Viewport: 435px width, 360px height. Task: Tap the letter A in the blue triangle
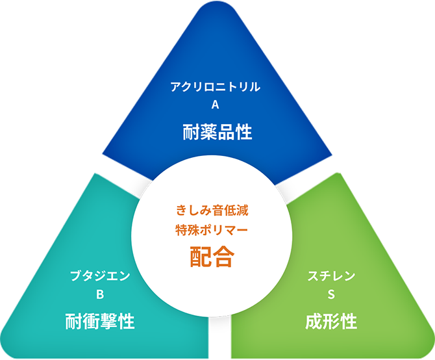(x=216, y=106)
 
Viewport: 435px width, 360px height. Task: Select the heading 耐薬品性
(x=216, y=133)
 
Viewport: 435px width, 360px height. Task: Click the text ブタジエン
(x=100, y=276)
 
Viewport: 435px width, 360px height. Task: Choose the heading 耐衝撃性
(x=100, y=321)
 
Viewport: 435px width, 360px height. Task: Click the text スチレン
(x=331, y=276)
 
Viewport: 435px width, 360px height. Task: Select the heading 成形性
(x=331, y=321)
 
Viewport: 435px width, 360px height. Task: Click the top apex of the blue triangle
(x=217, y=8)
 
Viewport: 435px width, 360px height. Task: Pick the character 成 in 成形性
(x=314, y=321)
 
